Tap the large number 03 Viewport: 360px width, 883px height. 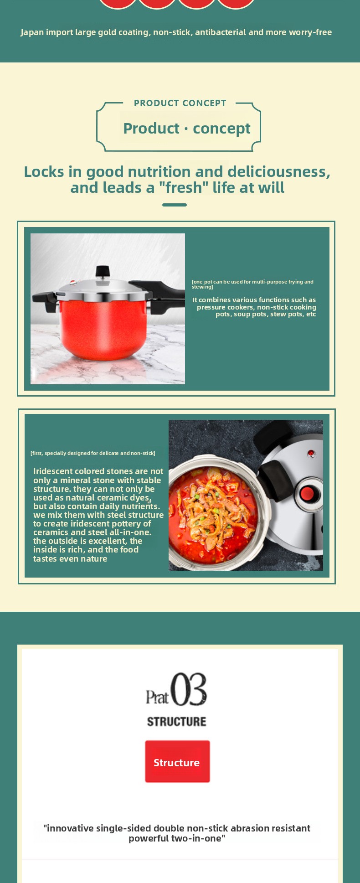pos(189,689)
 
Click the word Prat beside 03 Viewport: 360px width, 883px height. pos(157,697)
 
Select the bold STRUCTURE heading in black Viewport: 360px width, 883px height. pos(176,722)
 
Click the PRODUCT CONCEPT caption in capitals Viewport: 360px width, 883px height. pos(180,103)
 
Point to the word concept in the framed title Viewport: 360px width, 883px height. pos(221,129)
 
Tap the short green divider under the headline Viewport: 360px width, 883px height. pos(175,205)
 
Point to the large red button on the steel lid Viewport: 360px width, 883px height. pos(307,494)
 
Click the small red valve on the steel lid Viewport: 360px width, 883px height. pos(311,453)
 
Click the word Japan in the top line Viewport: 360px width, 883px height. pos(33,32)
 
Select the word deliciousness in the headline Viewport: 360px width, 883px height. pos(279,172)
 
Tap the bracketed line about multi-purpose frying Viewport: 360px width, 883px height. pos(252,284)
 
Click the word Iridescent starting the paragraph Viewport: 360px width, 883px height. pos(54,471)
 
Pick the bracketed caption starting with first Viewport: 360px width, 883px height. pos(93,453)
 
